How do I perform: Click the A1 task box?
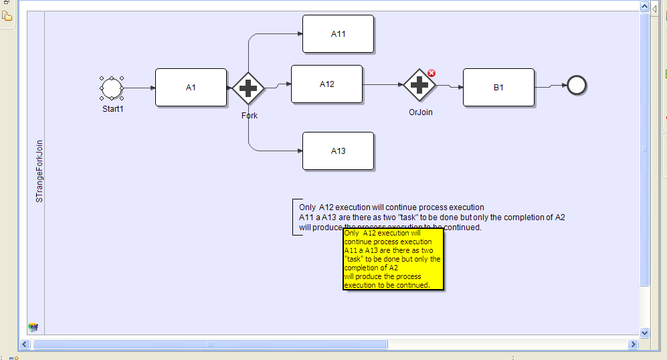(191, 88)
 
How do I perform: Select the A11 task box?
(338, 33)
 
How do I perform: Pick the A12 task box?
(326, 84)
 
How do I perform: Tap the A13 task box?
(338, 151)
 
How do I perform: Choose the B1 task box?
(498, 88)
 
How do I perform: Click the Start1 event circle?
(111, 88)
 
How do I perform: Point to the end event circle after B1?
(576, 85)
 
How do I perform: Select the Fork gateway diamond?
(248, 88)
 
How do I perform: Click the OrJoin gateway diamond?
(419, 85)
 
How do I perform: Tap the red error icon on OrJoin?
(432, 73)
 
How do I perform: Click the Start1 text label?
(112, 108)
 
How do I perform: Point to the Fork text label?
(250, 116)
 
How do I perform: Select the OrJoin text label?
(421, 112)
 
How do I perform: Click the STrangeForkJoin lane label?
(39, 171)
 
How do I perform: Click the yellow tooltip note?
(393, 260)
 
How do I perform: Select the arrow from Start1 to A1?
(138, 88)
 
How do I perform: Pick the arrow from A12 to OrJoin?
(383, 85)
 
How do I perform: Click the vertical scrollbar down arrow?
(645, 333)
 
